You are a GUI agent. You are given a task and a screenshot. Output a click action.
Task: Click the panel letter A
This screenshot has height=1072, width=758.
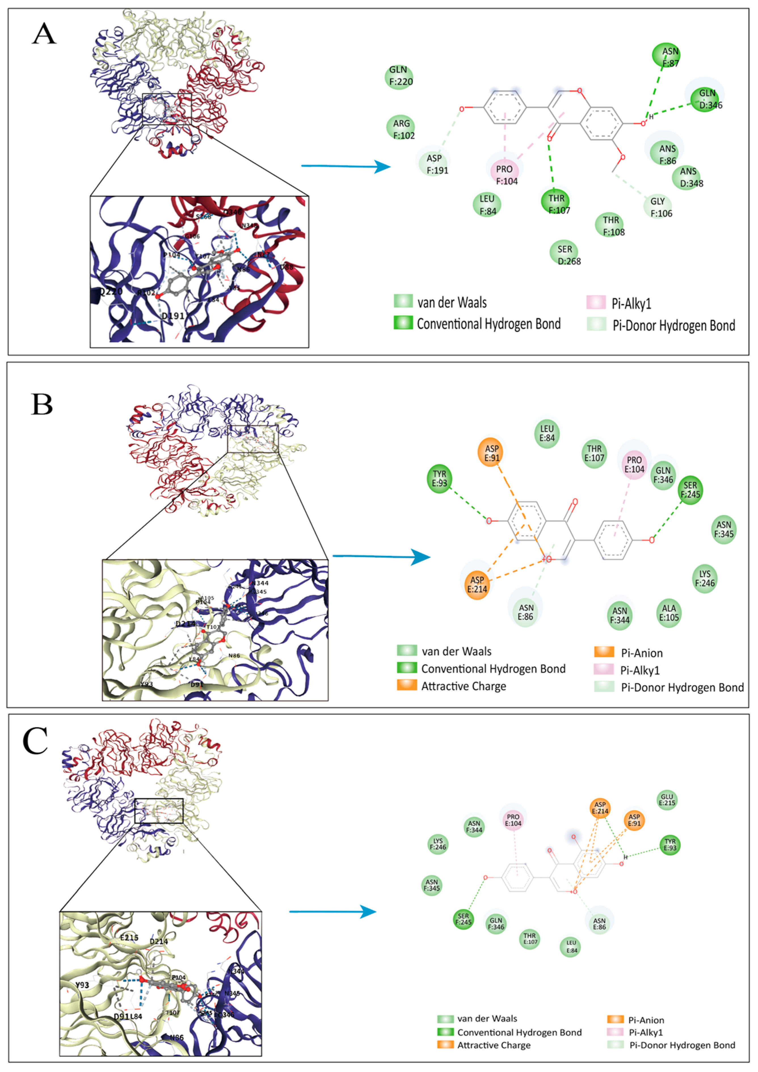(x=44, y=34)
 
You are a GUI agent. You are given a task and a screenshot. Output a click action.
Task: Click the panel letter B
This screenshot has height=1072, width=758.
(x=42, y=404)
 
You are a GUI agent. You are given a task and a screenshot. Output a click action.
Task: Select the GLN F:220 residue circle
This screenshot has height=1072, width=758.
(x=399, y=76)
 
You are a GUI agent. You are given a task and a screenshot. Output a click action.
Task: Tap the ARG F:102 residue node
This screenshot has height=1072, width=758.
(x=401, y=129)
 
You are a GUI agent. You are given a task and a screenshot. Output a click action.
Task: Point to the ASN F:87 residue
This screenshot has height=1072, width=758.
(x=666, y=56)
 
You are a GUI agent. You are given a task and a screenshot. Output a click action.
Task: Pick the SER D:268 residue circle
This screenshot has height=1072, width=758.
(x=565, y=254)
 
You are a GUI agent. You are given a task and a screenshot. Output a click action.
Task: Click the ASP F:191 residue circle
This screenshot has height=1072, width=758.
(x=434, y=164)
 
